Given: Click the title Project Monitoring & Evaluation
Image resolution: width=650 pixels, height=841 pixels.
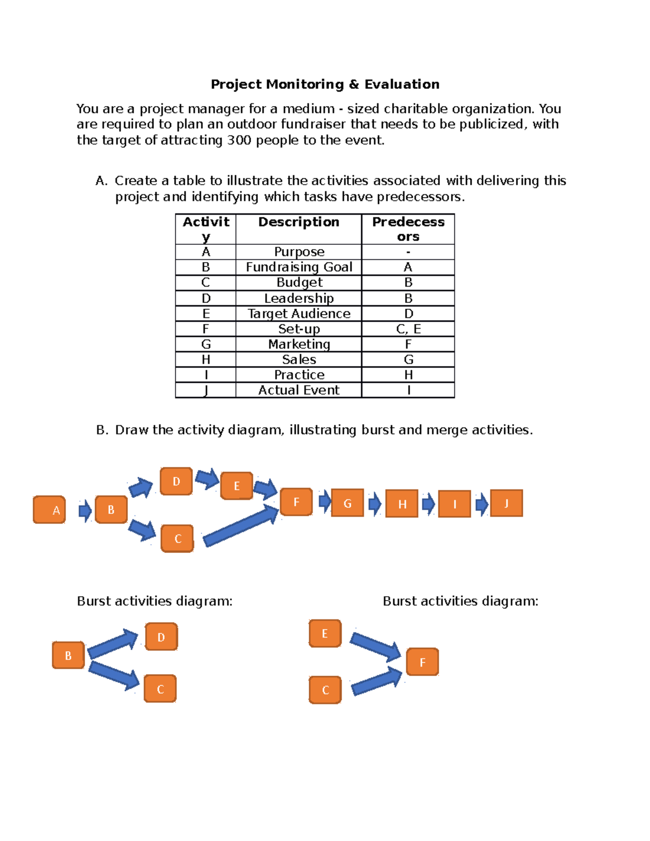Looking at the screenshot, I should coord(325,84).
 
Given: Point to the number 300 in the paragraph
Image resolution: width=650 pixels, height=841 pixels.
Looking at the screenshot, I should coord(239,140).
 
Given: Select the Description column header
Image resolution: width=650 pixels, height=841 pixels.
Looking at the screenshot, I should coord(298,223).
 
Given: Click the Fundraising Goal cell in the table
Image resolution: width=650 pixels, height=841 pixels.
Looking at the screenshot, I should coord(298,267).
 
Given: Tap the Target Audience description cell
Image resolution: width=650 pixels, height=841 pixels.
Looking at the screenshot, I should coord(298,314).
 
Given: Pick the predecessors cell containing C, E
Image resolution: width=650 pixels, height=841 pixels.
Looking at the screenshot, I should coord(408,329).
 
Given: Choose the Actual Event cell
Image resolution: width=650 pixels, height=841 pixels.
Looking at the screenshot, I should coord(298,390).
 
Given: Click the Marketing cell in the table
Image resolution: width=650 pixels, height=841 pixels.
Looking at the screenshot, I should coord(298,344).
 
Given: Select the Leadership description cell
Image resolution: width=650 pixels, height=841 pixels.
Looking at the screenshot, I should coord(298,298).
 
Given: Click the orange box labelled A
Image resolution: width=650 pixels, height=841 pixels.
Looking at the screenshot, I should coord(49,510).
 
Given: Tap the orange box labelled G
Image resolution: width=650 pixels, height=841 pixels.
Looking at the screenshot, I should coord(347,503).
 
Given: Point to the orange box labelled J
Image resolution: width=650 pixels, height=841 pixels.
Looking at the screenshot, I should coord(506,503).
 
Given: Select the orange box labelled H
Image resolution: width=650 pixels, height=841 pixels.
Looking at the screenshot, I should coord(401,503).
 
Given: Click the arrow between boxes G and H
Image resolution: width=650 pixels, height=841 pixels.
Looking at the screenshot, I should coord(374,504).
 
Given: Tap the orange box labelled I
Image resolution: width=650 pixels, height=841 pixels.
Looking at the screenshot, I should coord(454,504).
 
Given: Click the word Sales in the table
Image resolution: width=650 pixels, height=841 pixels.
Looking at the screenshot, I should coord(298,360).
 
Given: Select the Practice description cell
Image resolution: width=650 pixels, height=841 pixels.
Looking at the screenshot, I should coord(298,375).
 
